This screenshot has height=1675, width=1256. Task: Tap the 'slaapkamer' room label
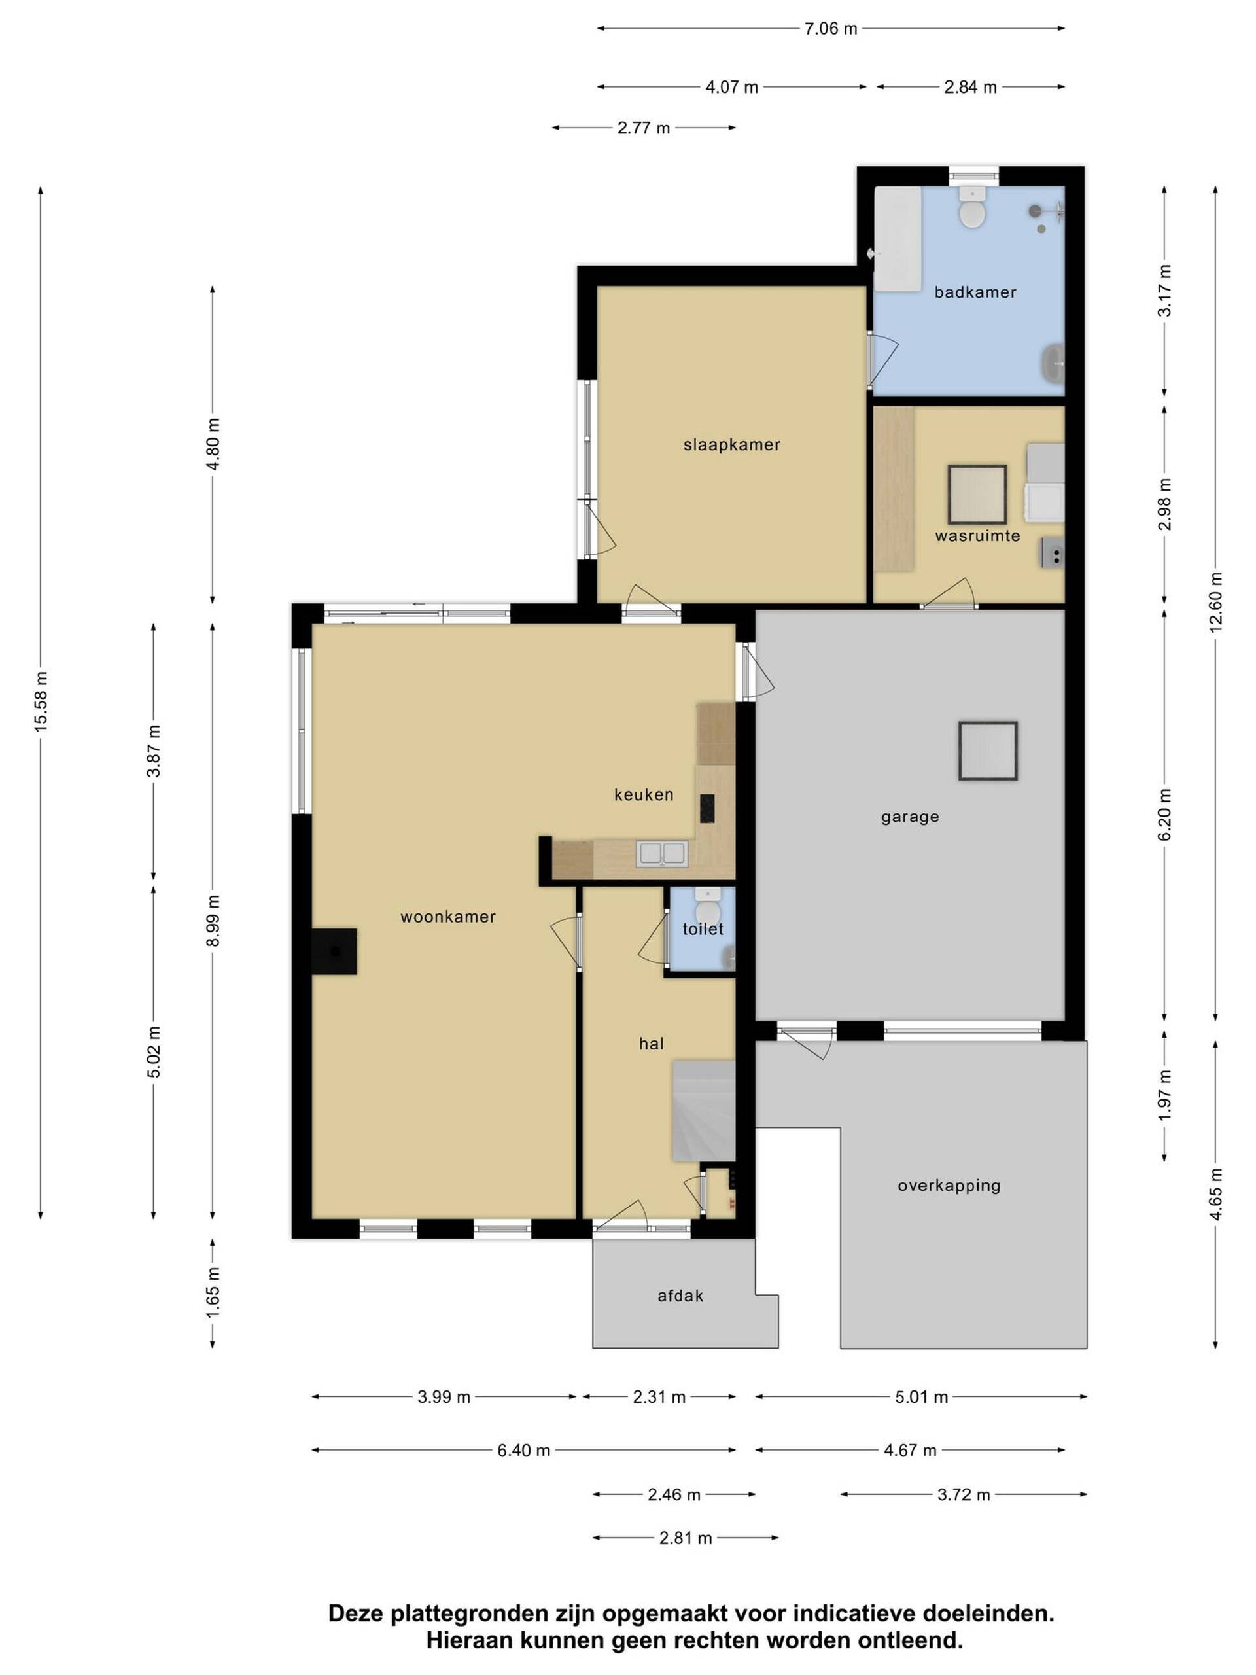(x=731, y=446)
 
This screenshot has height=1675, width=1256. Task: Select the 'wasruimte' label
(x=977, y=536)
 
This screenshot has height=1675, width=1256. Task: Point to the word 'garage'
(x=910, y=817)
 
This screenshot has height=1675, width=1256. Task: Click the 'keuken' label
(x=644, y=794)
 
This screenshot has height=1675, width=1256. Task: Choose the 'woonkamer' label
(x=447, y=917)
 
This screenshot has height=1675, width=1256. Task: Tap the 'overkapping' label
(x=949, y=1186)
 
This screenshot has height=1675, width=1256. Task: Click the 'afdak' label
(x=680, y=1296)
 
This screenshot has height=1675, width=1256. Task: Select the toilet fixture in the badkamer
(x=971, y=207)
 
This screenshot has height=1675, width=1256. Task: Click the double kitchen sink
(x=662, y=853)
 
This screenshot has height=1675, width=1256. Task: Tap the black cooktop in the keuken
(x=707, y=808)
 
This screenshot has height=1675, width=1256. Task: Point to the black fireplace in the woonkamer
(x=334, y=952)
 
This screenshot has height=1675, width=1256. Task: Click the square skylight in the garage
(x=987, y=750)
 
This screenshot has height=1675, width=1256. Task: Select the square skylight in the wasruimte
(x=977, y=495)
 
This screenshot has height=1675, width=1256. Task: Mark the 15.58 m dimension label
(x=41, y=701)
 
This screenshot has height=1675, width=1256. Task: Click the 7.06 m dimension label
(x=831, y=29)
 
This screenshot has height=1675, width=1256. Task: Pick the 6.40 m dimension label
(x=523, y=1450)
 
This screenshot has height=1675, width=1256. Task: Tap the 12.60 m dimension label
(x=1215, y=602)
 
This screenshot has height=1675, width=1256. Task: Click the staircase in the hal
(x=703, y=1110)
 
